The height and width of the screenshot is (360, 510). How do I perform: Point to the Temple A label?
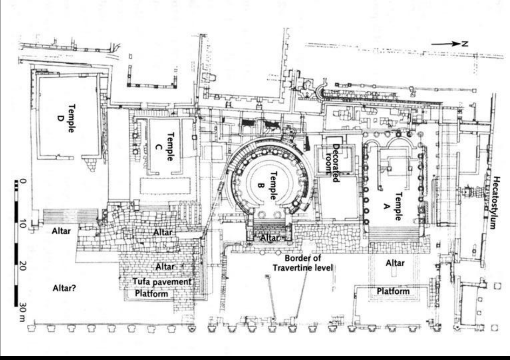coord(392,206)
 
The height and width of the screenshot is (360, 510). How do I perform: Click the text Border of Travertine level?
coord(303,263)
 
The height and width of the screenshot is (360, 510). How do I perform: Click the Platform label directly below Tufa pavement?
coord(151,294)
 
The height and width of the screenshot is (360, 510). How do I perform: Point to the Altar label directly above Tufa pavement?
coord(165,267)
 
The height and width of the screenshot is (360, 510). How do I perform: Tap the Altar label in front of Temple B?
coord(270,238)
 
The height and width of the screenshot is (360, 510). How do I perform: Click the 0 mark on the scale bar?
coord(23,182)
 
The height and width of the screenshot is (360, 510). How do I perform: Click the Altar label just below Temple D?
coord(62,231)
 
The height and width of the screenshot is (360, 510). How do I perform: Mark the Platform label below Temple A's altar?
coord(393,291)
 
